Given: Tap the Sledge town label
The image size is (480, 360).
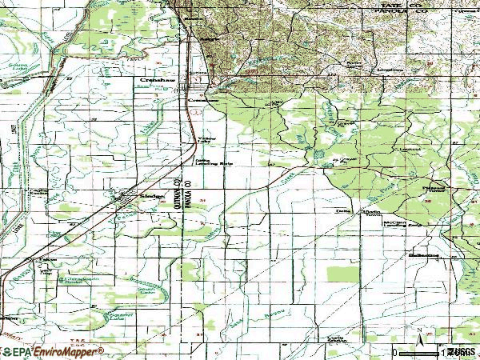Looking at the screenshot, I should (150, 194).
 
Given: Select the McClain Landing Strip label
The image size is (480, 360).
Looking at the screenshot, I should (400, 223).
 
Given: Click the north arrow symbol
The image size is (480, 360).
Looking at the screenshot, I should (417, 333).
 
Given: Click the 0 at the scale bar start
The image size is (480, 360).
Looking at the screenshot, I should (394, 352).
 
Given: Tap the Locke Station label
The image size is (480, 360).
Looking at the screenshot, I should (39, 191).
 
